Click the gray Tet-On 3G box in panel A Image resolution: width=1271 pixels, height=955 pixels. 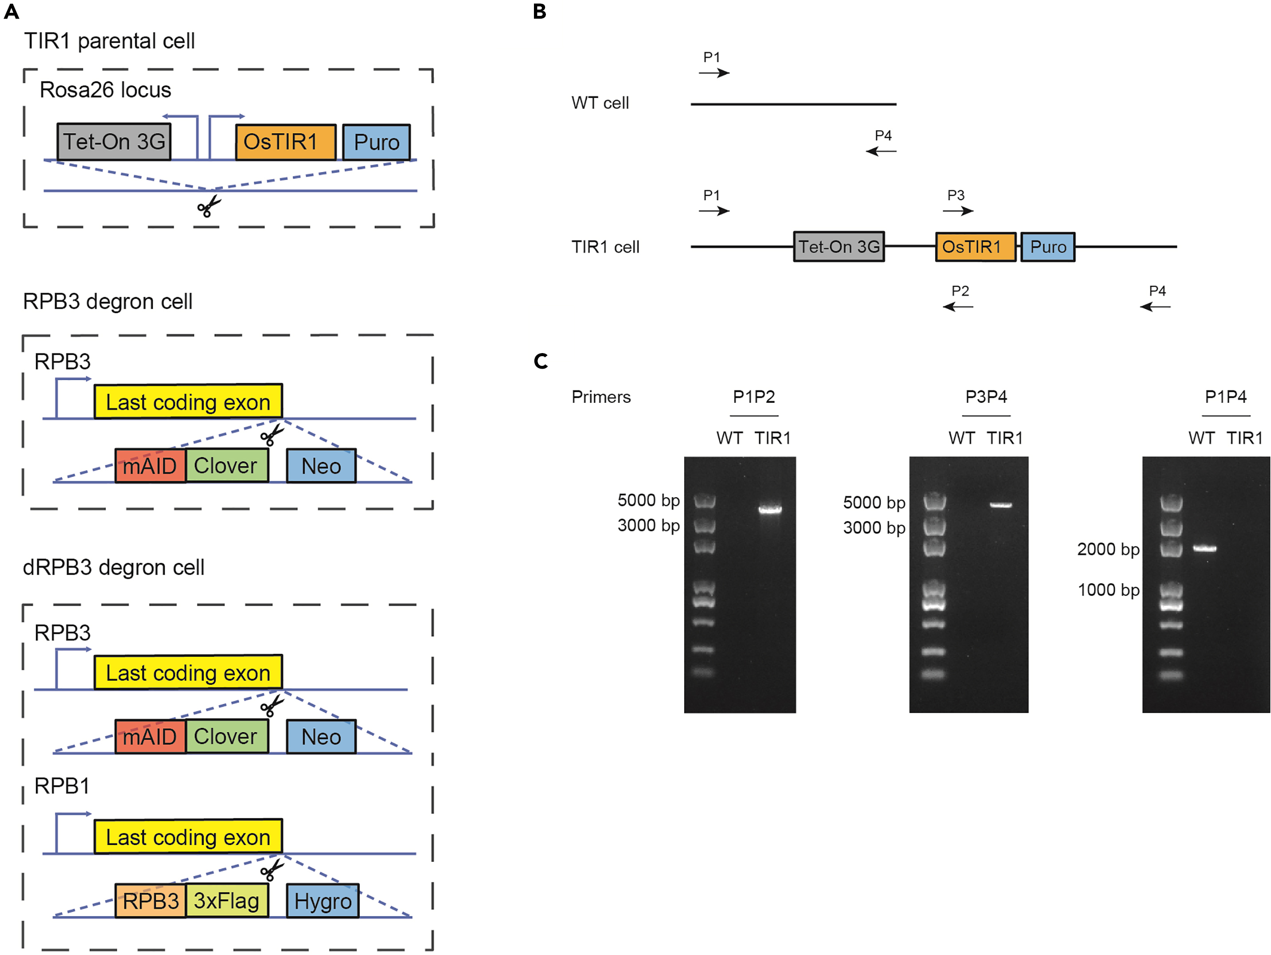click(x=114, y=141)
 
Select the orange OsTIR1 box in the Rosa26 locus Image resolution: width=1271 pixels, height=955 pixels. click(x=286, y=141)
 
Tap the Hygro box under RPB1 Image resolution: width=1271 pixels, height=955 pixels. click(x=322, y=900)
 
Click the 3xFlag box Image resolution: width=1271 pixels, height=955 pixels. click(x=226, y=900)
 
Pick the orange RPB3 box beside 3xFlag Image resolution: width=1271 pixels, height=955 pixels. click(x=150, y=900)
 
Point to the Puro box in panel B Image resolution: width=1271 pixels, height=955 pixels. click(x=1047, y=247)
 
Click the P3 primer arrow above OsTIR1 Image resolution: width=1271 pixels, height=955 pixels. click(x=958, y=211)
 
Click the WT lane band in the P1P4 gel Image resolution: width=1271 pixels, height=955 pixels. click(x=1204, y=548)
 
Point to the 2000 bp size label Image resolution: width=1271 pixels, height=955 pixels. click(x=1108, y=549)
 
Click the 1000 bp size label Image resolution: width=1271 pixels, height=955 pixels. click(x=1108, y=590)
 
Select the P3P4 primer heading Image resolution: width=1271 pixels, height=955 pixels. click(x=986, y=397)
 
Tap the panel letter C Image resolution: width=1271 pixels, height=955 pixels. click(x=540, y=361)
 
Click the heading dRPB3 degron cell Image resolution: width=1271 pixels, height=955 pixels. click(x=113, y=567)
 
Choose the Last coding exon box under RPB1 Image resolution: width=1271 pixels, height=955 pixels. click(x=188, y=837)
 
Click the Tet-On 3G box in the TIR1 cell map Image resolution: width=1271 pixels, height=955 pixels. click(x=838, y=247)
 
